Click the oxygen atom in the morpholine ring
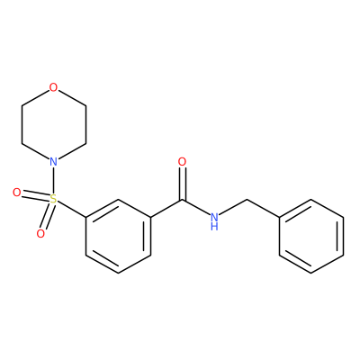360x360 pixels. click(53, 87)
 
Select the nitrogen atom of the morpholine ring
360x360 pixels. click(53, 162)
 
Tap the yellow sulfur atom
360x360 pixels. click(53, 199)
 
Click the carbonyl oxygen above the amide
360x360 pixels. click(182, 162)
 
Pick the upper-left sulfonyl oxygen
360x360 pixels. click(17, 193)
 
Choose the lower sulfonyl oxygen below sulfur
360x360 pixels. click(40, 233)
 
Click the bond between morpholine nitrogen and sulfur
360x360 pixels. click(53, 180)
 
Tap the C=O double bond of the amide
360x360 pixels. click(182, 184)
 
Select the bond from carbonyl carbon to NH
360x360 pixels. click(195, 208)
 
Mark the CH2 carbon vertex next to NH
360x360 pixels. click(247, 199)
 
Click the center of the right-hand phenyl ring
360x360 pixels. click(311, 236)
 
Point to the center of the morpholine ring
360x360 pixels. click(53, 125)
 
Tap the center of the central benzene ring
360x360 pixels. click(118, 236)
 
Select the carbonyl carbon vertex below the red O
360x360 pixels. click(182, 200)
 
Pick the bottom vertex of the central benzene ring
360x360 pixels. click(118, 273)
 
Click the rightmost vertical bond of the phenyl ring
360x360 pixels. click(343, 236)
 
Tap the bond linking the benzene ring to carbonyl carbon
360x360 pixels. click(166, 209)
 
